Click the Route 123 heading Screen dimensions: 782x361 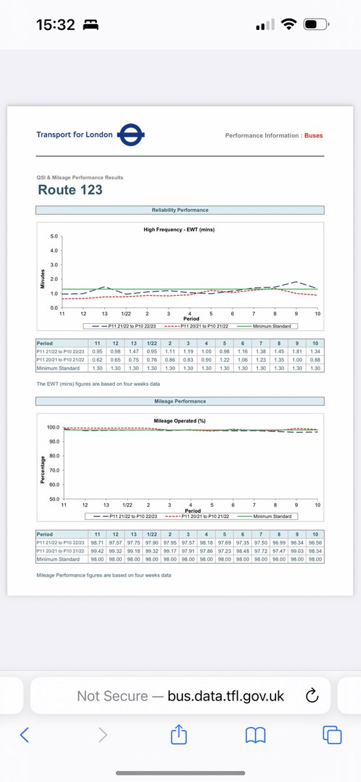[x=70, y=190]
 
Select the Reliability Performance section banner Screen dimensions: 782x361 [x=180, y=210]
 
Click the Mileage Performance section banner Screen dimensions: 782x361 [x=180, y=401]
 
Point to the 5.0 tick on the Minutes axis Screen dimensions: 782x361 [x=54, y=236]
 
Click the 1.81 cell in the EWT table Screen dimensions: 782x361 [x=296, y=351]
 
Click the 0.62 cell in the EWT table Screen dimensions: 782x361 [x=96, y=360]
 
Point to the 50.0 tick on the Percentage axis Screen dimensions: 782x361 [x=53, y=499]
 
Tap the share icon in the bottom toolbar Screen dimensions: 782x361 [x=178, y=736]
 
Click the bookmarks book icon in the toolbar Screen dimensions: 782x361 [x=255, y=736]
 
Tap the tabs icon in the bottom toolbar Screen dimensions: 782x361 [x=332, y=736]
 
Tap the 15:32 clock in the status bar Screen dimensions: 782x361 [x=56, y=25]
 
